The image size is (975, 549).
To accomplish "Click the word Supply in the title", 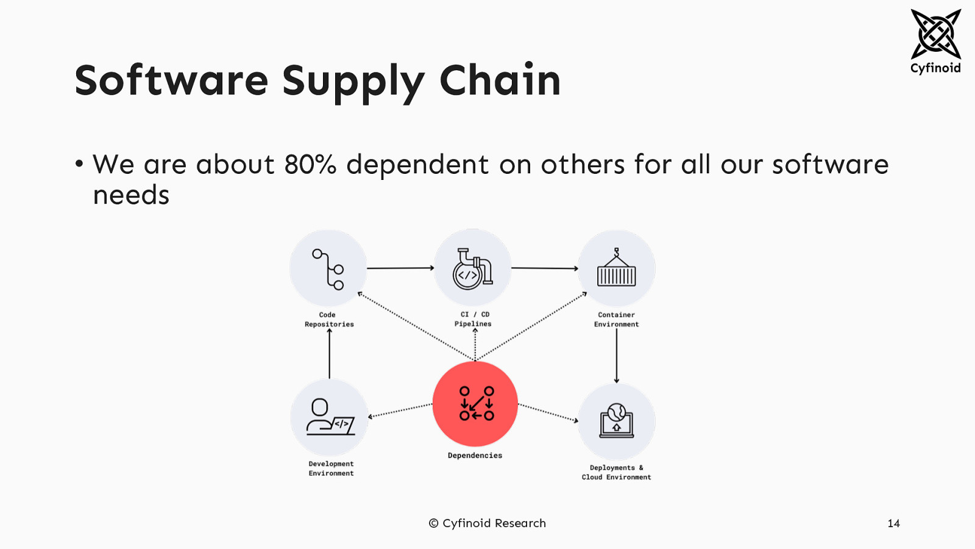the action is (353, 83).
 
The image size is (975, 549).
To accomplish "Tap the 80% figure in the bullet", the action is (310, 164).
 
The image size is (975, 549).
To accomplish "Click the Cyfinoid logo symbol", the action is (936, 34).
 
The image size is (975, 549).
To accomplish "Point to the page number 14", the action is (893, 523).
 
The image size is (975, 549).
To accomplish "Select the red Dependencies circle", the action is (475, 404).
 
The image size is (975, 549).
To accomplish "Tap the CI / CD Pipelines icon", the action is (473, 269).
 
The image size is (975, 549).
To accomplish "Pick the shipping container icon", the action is (616, 267).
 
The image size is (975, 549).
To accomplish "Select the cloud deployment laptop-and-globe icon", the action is (616, 420).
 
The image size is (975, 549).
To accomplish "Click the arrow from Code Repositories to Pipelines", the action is (400, 268).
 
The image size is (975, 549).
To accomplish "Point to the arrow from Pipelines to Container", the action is (545, 268).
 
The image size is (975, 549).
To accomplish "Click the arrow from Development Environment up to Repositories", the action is (330, 353).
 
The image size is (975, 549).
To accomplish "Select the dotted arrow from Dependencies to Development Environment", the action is (400, 411).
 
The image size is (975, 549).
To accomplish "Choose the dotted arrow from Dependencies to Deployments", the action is (548, 412).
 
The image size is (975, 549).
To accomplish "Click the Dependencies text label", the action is (475, 455).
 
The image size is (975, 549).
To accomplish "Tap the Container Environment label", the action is (616, 320).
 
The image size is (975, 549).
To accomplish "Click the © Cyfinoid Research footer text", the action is (487, 523).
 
